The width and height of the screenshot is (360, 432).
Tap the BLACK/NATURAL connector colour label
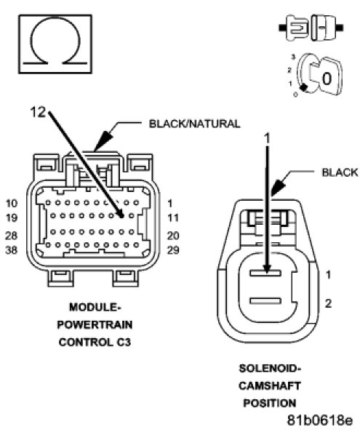click(x=194, y=124)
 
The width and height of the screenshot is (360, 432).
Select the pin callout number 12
click(x=38, y=112)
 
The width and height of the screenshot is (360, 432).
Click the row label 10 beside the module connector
click(x=12, y=204)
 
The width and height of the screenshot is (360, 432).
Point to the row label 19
click(x=12, y=218)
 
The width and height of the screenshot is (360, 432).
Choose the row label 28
click(x=12, y=236)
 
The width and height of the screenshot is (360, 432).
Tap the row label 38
click(x=12, y=250)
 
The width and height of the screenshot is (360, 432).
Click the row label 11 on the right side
click(x=173, y=218)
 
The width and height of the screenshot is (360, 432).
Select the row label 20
click(x=173, y=236)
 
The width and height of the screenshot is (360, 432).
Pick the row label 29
click(x=173, y=250)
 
